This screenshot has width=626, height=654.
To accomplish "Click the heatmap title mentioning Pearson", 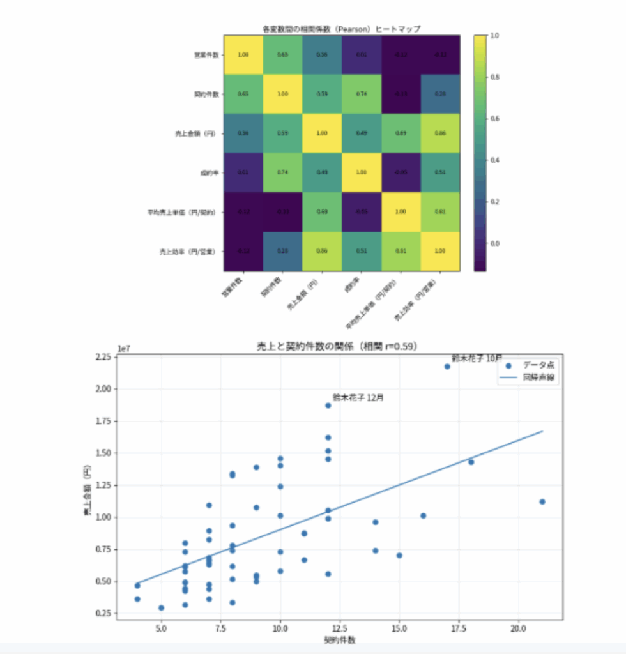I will tap(342, 29).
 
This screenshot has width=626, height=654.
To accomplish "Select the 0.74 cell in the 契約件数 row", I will tap(362, 93).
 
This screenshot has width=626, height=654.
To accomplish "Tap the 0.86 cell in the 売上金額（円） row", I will tap(440, 133).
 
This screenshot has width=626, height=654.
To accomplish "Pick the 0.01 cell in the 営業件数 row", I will tap(362, 54).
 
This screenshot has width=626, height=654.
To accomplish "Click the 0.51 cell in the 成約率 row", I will tap(440, 172).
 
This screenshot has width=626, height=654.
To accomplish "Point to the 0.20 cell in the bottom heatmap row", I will tap(282, 251).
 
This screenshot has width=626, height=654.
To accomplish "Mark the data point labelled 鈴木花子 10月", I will tap(447, 367).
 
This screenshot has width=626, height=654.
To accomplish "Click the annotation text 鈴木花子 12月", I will tap(358, 397).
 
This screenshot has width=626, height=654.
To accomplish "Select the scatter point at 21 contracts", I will tap(542, 502).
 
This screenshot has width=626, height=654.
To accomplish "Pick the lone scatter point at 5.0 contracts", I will tap(161, 608).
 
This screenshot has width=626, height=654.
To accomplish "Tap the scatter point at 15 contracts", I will tap(399, 556).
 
